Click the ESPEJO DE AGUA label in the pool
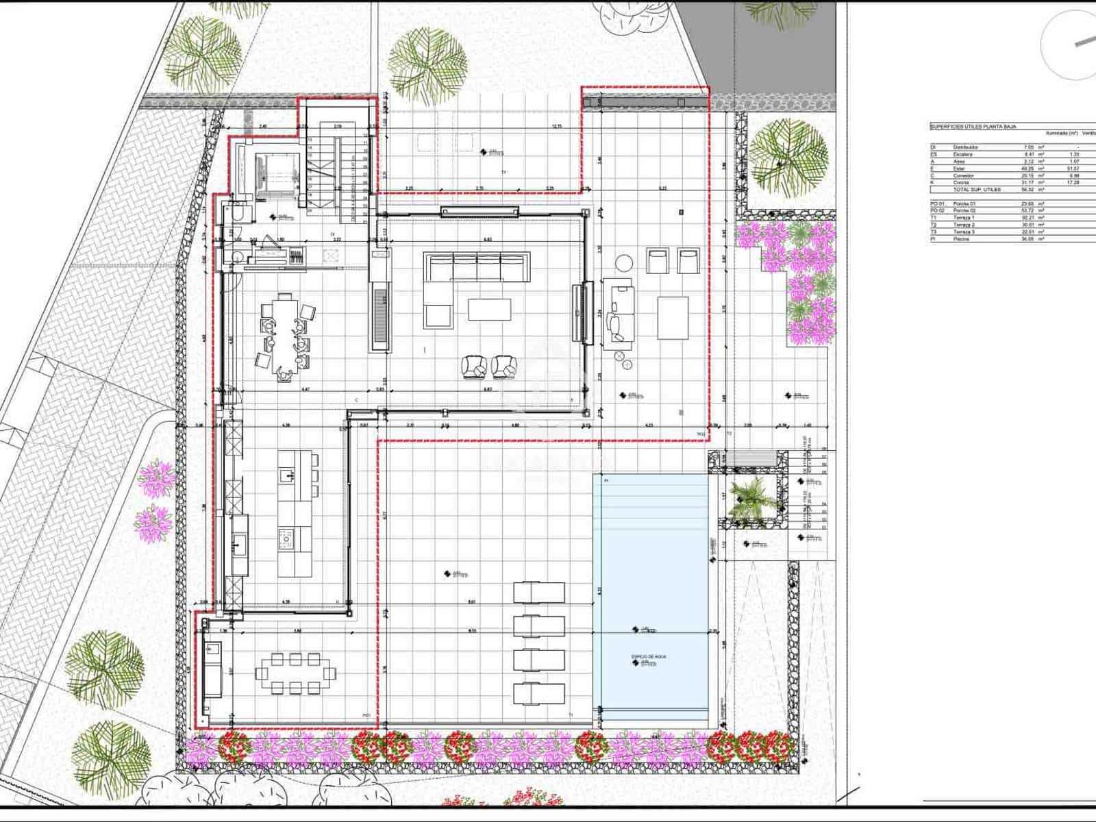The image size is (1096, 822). pyautogui.click(x=648, y=656)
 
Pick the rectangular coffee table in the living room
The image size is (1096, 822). pyautogui.click(x=490, y=309)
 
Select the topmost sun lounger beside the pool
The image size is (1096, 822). pyautogui.click(x=539, y=592)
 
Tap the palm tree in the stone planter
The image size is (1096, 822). pyautogui.click(x=748, y=499)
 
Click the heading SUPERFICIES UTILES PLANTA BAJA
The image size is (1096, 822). pyautogui.click(x=973, y=127)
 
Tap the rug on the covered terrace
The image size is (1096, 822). pyautogui.click(x=673, y=317)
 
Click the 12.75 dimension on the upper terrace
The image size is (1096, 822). pyautogui.click(x=556, y=126)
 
